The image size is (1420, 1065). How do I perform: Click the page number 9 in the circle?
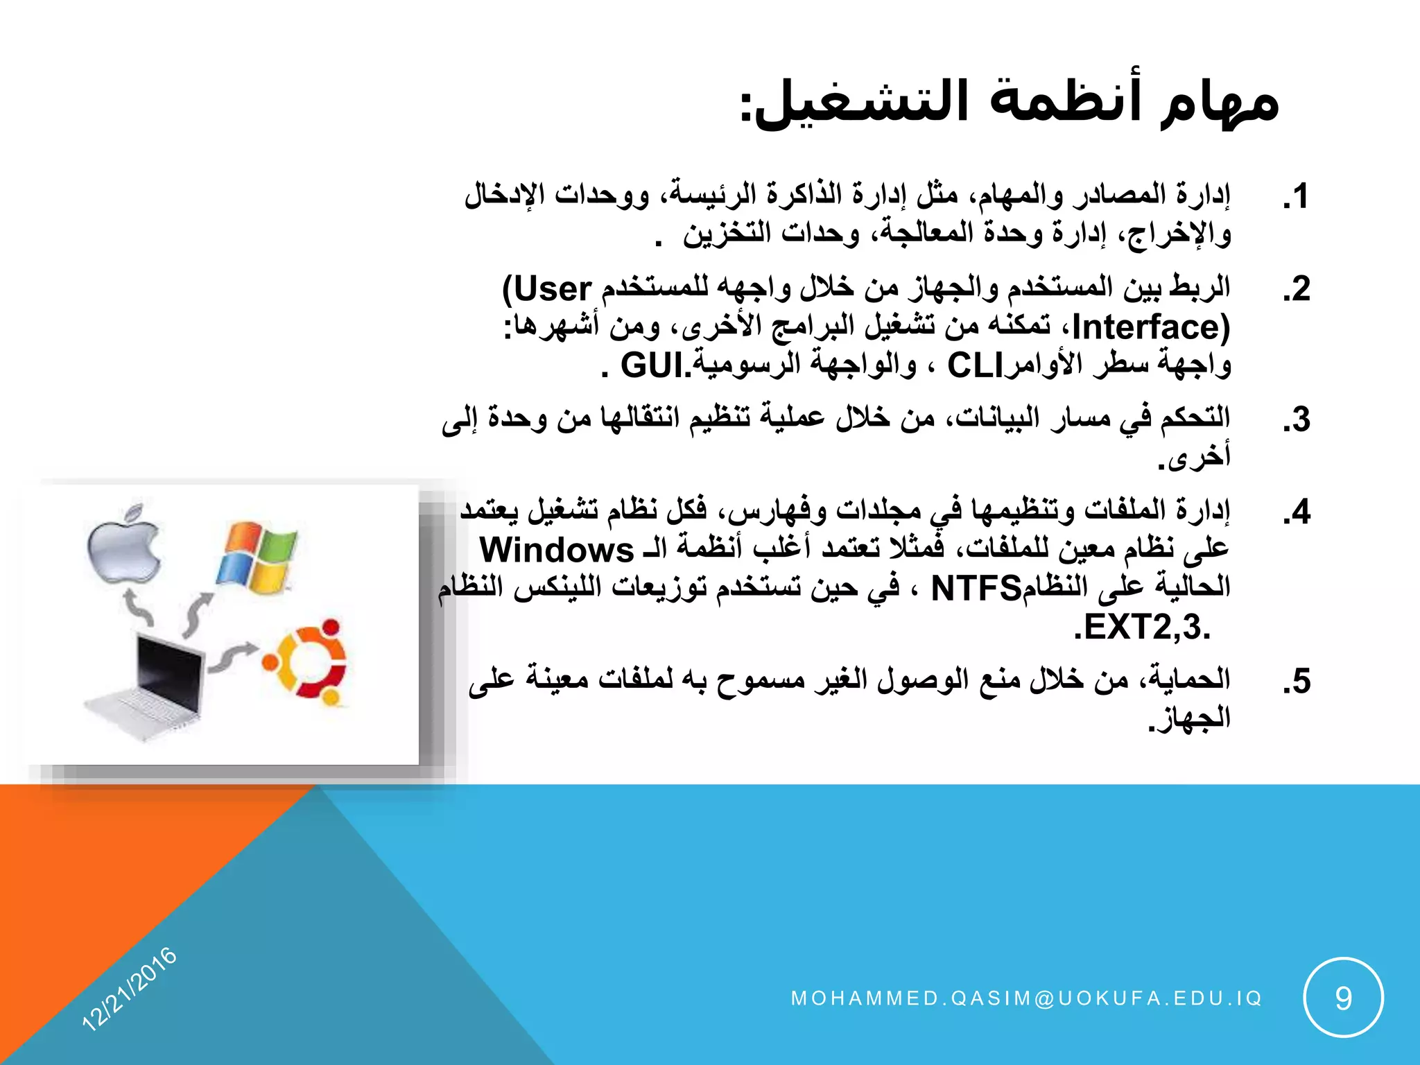1343,998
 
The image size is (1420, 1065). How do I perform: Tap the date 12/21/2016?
130,988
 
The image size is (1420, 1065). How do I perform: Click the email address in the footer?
1026,998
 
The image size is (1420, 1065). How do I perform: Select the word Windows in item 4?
557,551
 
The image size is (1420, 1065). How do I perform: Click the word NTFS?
976,589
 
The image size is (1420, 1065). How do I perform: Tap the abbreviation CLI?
975,365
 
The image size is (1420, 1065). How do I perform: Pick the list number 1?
1295,196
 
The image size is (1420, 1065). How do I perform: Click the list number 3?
1296,420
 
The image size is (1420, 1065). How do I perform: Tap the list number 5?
1296,682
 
